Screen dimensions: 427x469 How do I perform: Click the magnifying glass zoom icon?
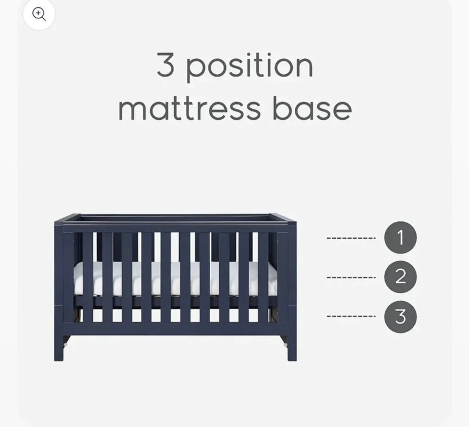tap(39, 14)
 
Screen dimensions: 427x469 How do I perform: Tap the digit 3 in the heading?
tap(165, 66)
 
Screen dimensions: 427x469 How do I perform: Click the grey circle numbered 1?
tap(400, 238)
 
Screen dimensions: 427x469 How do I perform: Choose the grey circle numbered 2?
tap(400, 277)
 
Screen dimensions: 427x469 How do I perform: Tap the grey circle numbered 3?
tap(400, 316)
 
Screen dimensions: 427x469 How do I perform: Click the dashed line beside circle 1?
tap(351, 238)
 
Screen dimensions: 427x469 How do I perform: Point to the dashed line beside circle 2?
tap(351, 277)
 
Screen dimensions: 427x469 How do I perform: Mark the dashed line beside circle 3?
tap(351, 316)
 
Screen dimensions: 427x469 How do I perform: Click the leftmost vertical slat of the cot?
tap(88, 278)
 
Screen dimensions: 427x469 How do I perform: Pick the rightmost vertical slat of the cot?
tap(263, 278)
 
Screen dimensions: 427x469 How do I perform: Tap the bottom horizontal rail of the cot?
tap(176, 328)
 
